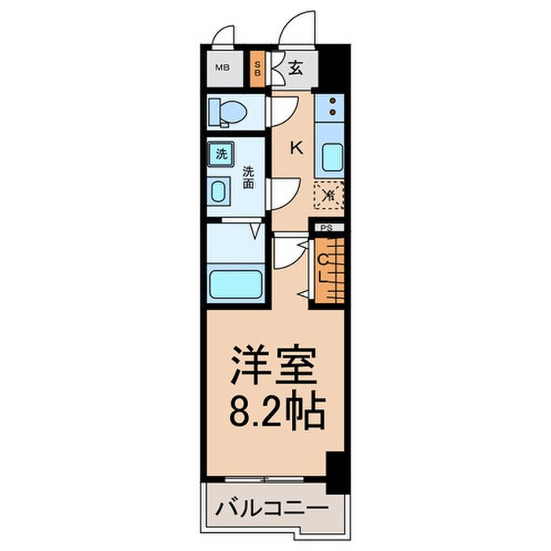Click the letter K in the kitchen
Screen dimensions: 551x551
(x=297, y=146)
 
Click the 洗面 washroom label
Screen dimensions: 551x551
(x=248, y=177)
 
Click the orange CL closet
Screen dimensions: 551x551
(x=329, y=267)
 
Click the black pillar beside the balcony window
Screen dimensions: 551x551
(x=335, y=471)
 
